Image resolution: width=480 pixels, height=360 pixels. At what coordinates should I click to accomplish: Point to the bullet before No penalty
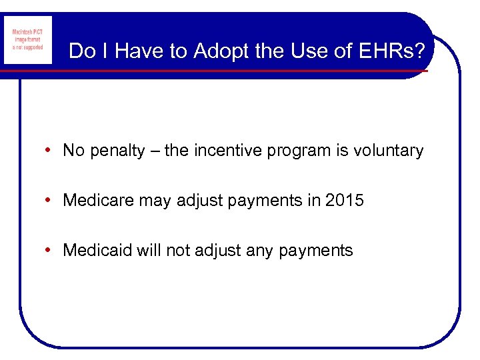[x=51, y=151]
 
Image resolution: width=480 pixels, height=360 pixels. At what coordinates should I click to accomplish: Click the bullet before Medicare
[x=51, y=201]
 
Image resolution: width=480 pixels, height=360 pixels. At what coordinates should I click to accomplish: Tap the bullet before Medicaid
[x=51, y=251]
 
